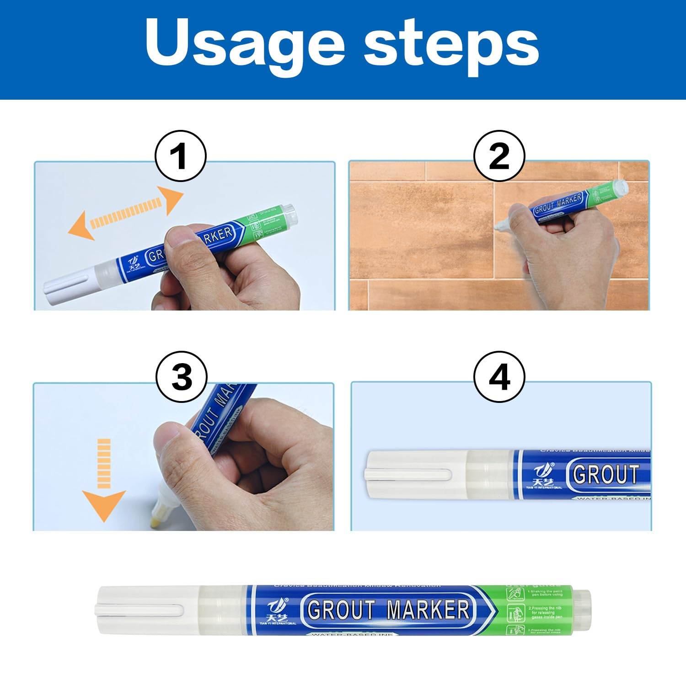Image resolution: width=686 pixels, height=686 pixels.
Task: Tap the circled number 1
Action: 180,156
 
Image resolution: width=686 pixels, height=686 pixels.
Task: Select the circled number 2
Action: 499,156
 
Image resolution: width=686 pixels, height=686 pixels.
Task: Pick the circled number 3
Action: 182,377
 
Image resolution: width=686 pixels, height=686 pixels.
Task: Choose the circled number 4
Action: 499,377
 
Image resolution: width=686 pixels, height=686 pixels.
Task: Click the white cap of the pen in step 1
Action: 69,286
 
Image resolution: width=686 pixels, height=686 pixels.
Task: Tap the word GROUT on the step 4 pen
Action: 605,474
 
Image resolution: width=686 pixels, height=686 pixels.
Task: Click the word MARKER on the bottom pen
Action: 428,610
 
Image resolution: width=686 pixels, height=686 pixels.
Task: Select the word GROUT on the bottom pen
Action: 341,610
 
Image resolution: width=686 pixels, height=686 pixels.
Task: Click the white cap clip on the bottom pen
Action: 139,610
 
